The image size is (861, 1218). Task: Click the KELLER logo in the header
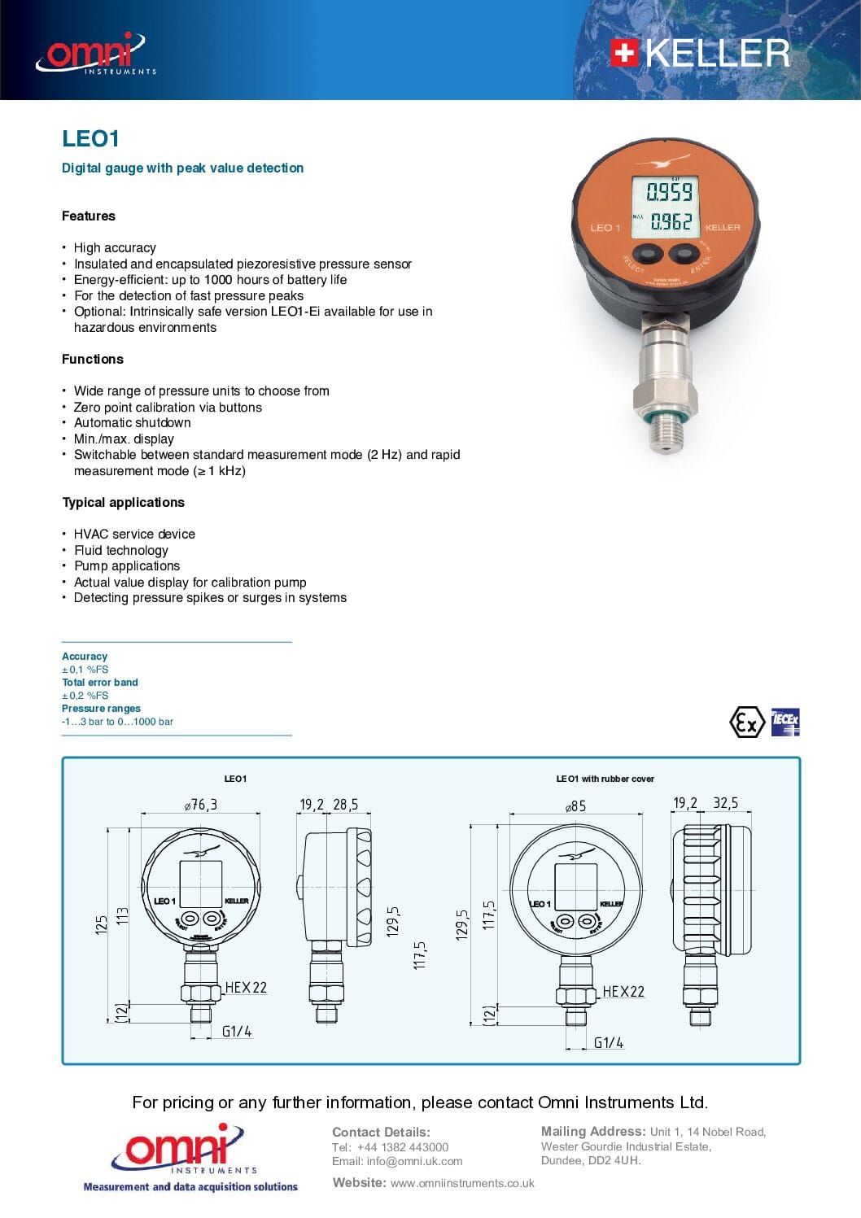point(700,54)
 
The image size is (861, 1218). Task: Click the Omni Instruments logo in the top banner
point(95,55)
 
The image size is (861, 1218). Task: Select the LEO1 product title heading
point(90,139)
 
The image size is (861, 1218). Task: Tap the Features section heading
point(89,216)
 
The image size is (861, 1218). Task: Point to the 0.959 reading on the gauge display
point(669,192)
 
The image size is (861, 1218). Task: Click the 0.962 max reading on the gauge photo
point(671,221)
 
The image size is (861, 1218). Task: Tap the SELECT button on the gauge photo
point(648,254)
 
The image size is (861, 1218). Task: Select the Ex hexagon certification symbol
point(746,722)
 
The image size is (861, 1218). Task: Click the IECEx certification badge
point(785,722)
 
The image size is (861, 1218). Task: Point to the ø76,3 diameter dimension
point(201,805)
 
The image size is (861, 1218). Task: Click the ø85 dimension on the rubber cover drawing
point(575,806)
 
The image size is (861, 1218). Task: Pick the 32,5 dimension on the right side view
point(725,803)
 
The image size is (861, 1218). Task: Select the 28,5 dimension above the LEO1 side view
point(345,805)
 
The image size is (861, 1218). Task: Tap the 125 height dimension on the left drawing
point(102,924)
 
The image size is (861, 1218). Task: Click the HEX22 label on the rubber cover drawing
point(623,992)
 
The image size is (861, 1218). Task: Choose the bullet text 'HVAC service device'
point(134,535)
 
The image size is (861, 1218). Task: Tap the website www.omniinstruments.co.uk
point(461,1183)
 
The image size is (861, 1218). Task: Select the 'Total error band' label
point(100,683)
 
